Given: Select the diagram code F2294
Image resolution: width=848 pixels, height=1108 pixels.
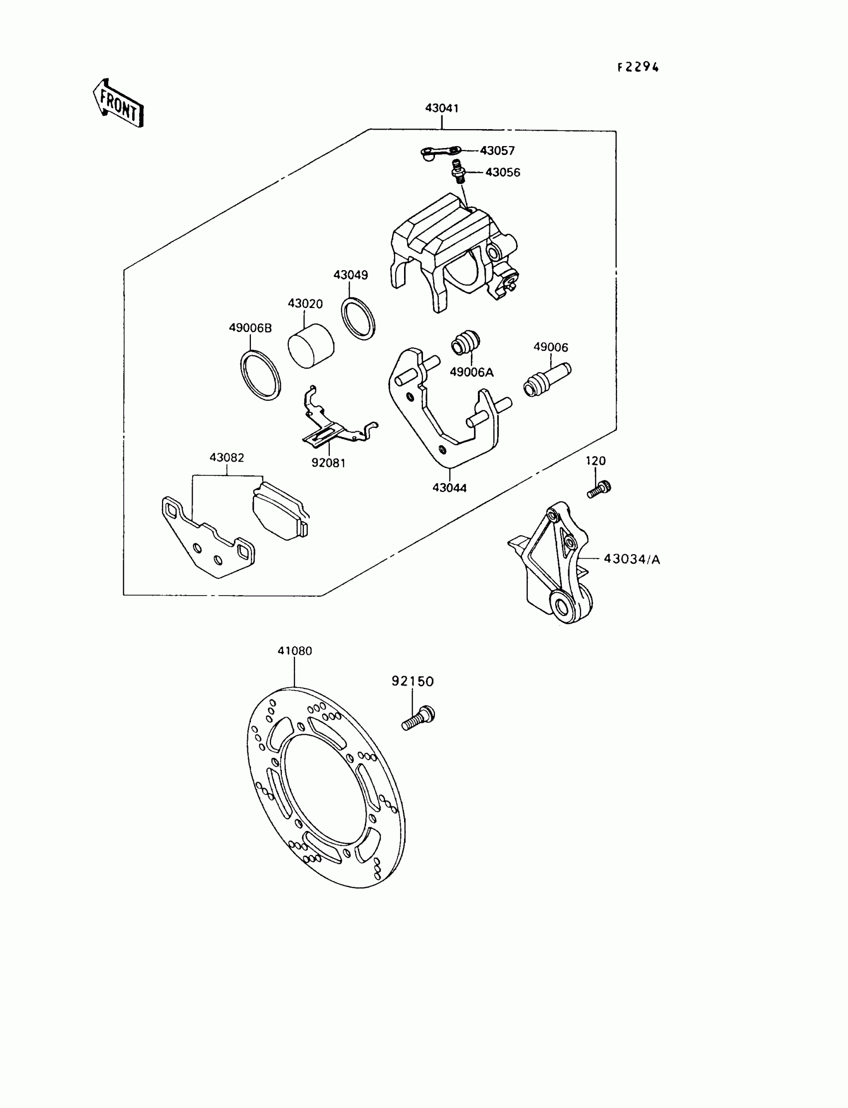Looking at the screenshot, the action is (x=638, y=68).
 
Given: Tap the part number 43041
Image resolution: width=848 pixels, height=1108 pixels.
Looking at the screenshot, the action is (x=441, y=108).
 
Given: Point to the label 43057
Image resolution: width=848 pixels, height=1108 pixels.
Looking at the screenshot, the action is (x=497, y=151).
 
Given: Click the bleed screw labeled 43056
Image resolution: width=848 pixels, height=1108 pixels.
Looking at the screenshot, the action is (x=458, y=171).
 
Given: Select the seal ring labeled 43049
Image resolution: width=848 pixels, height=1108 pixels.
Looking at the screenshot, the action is (x=358, y=318).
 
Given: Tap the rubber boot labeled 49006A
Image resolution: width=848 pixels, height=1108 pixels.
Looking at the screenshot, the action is (x=465, y=343).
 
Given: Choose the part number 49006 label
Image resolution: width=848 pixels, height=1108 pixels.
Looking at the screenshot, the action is (x=551, y=347).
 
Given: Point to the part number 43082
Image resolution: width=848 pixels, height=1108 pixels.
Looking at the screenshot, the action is (x=226, y=458).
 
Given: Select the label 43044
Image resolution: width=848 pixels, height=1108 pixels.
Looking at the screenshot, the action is (x=449, y=487).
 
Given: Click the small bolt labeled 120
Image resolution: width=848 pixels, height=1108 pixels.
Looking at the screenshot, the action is (x=599, y=488).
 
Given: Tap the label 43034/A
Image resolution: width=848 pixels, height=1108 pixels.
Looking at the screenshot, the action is (x=632, y=559).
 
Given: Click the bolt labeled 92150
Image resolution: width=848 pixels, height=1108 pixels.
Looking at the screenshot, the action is (x=419, y=719).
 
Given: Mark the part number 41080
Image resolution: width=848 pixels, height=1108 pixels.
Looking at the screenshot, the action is (x=295, y=650).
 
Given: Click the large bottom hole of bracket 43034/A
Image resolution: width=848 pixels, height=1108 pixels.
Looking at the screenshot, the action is (x=562, y=605).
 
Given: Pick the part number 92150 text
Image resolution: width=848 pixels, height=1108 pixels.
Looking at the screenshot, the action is (x=413, y=681).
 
